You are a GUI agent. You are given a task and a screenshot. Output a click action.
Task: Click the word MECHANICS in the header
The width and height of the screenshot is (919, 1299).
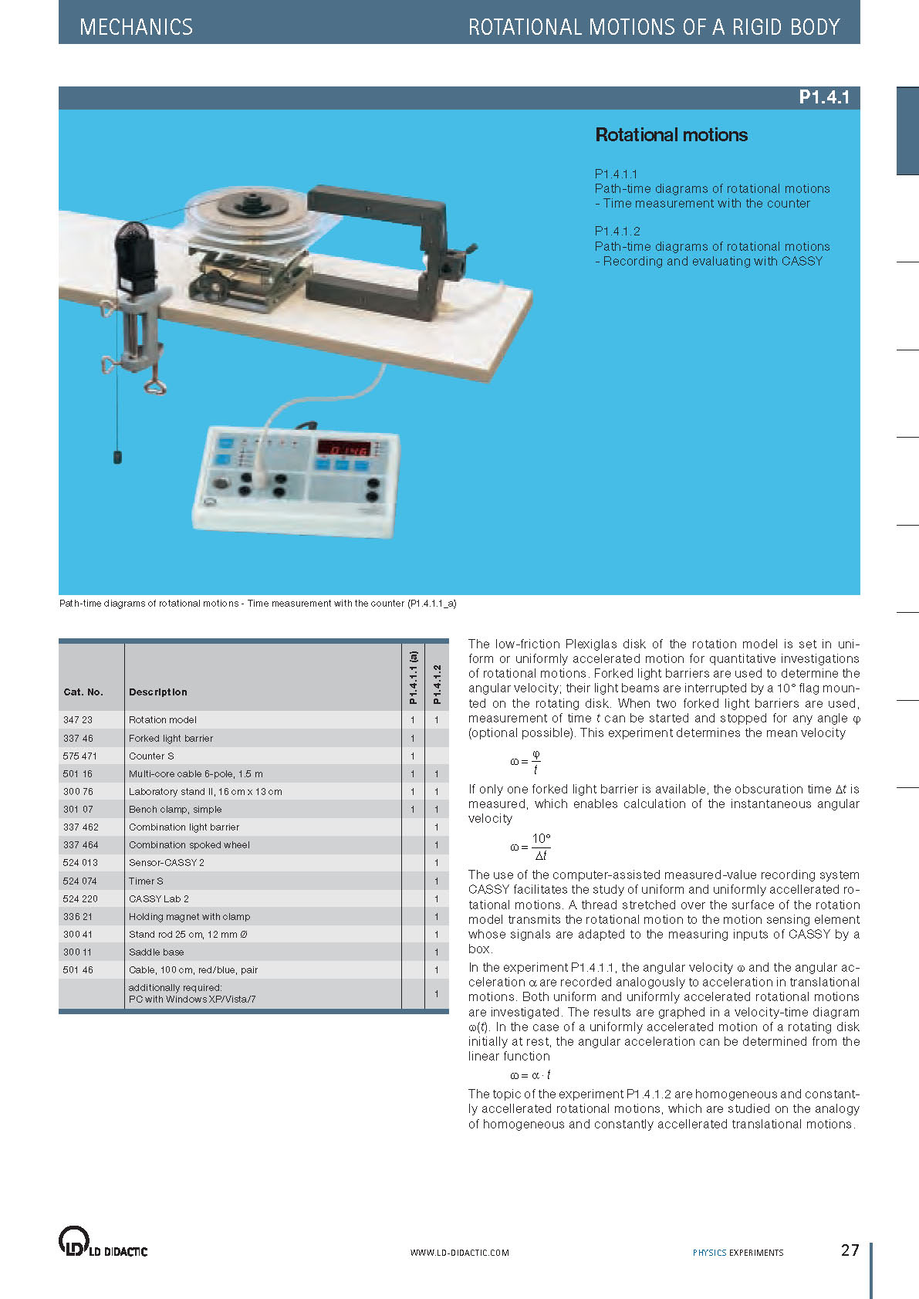pyautogui.click(x=136, y=27)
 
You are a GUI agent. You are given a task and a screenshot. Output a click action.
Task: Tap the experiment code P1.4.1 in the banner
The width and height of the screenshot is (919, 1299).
pyautogui.click(x=823, y=97)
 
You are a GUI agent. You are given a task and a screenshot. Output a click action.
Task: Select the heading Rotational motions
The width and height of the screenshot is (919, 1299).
pyautogui.click(x=671, y=135)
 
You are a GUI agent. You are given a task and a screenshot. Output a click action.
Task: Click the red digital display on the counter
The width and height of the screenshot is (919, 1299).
pyautogui.click(x=343, y=449)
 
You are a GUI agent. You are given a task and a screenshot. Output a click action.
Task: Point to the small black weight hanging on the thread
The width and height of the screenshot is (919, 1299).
pyautogui.click(x=118, y=457)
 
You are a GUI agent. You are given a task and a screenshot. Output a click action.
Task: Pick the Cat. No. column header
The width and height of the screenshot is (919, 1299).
pyautogui.click(x=83, y=692)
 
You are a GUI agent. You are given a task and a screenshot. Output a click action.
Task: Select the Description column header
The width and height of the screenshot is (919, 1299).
pyautogui.click(x=157, y=692)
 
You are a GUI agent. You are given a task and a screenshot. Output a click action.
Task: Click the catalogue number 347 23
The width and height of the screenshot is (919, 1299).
pyautogui.click(x=78, y=720)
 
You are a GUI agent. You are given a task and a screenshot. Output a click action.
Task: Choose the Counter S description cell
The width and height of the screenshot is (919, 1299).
pyautogui.click(x=151, y=756)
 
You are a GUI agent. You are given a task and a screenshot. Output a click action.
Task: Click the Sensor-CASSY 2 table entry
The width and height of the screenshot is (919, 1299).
pyautogui.click(x=167, y=863)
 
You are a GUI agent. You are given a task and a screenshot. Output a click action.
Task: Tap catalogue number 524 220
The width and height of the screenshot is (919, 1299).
pyautogui.click(x=80, y=899)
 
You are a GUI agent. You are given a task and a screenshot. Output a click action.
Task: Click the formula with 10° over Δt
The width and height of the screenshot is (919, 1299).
pyautogui.click(x=530, y=847)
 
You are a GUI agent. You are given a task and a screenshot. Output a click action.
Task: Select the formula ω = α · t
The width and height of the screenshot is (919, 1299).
pyautogui.click(x=530, y=1075)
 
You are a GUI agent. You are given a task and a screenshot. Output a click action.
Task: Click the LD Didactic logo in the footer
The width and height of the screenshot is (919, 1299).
pyautogui.click(x=103, y=1243)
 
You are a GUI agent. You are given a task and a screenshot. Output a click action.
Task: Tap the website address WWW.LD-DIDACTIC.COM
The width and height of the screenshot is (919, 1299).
pyautogui.click(x=459, y=1253)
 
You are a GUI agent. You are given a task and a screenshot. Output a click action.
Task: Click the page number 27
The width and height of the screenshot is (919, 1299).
pyautogui.click(x=850, y=1250)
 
